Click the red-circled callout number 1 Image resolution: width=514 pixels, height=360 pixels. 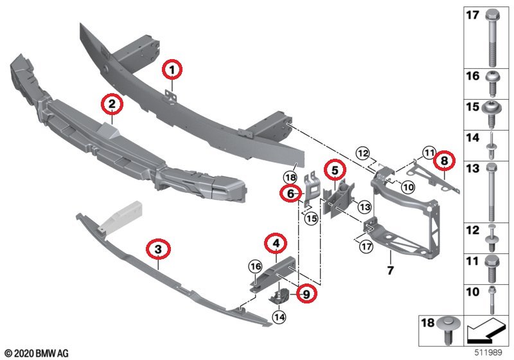tap(172, 67)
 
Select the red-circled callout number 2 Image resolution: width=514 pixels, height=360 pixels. tap(111, 103)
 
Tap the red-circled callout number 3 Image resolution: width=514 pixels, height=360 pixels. tap(157, 248)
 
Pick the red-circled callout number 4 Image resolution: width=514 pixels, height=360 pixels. tap(275, 243)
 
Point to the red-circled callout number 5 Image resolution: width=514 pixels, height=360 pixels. tap(334, 170)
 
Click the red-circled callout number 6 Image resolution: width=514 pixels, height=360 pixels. tap(290, 193)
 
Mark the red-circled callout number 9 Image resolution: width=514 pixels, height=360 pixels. tap(306, 294)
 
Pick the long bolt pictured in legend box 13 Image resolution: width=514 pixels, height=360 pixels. tap(492, 190)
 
